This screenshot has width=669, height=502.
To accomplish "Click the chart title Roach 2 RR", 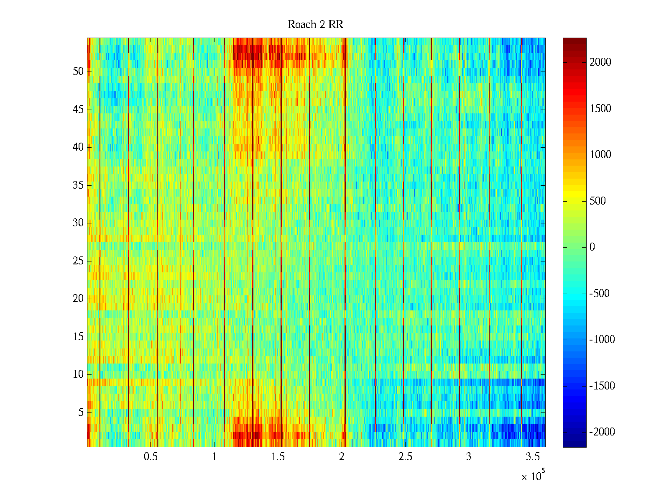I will point(315,25).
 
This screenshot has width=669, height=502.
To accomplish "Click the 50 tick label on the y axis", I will point(78,72).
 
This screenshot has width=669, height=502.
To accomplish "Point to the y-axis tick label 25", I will point(78,261).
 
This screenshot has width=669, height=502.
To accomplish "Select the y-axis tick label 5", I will point(81,412).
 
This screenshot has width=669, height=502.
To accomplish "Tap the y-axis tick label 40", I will point(78,147).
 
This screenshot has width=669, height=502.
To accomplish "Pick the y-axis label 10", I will point(78,374).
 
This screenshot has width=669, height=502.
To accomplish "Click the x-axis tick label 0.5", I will point(151,457).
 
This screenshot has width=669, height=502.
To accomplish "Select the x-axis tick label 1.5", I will point(278,457).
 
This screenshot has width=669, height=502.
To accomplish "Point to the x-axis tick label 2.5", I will point(405,457).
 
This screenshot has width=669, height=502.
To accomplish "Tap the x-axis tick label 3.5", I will point(532,457).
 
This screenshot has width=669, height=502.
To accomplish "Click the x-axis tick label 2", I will point(342,457).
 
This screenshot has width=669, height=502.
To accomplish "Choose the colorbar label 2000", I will point(600,62).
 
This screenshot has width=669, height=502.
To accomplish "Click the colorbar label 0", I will point(592,247).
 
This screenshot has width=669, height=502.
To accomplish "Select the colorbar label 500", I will point(598,201).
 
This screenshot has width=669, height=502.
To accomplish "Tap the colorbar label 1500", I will point(600,109).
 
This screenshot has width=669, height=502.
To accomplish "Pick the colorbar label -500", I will point(600,294).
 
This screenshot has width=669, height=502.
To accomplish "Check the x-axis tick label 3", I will point(469,457).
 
